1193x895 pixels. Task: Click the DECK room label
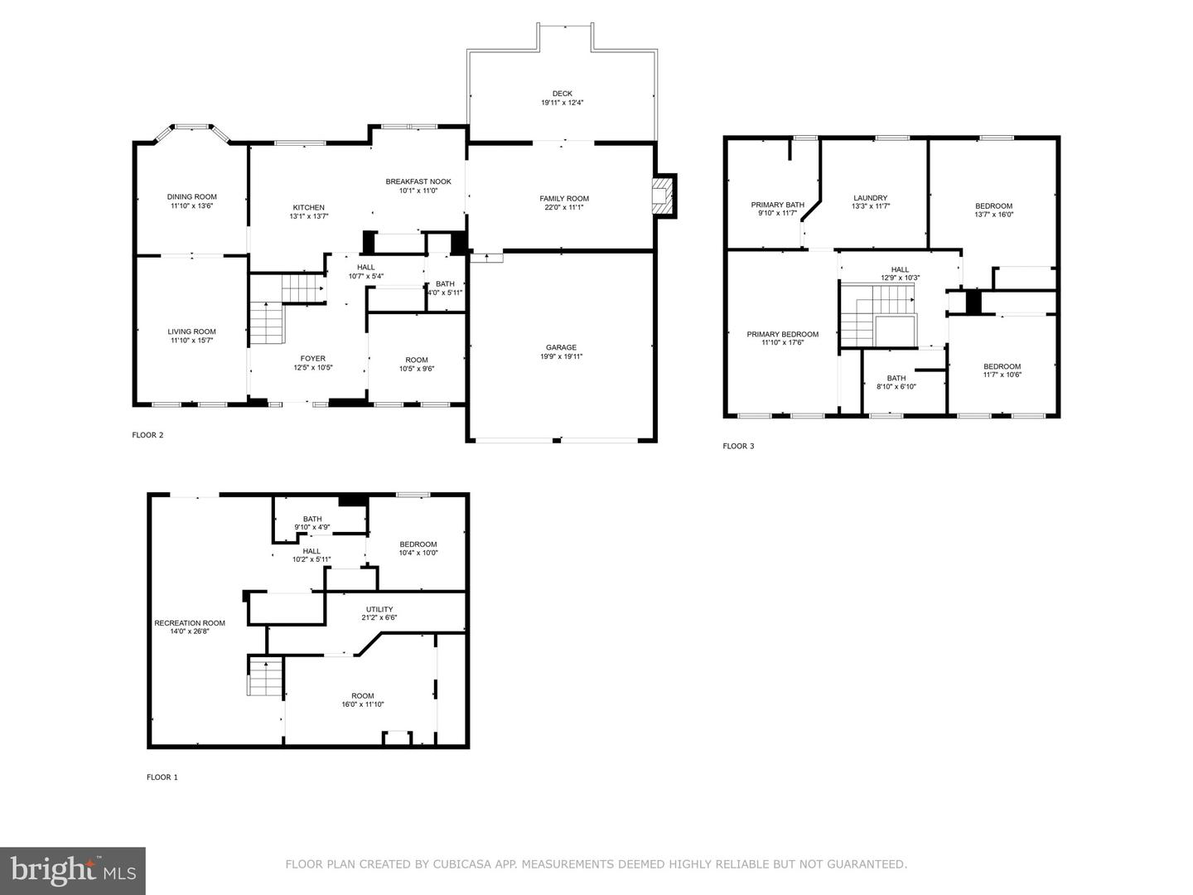[x=562, y=94]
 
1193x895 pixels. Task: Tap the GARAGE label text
[x=562, y=347]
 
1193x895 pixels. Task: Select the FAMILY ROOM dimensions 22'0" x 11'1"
[x=564, y=207]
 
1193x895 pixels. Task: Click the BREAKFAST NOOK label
[x=418, y=181]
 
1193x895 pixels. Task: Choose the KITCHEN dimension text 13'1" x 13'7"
[x=309, y=216]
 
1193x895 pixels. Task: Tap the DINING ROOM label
[x=192, y=196]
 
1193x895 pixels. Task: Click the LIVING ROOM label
[x=192, y=331]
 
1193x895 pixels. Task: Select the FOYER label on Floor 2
[x=313, y=359]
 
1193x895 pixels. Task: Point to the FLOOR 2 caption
[x=147, y=435]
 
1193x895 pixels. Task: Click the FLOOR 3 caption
[x=739, y=446]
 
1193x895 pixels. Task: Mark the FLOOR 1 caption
[x=162, y=777]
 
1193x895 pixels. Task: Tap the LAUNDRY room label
[x=870, y=198]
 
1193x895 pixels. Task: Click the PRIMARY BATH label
[x=778, y=205]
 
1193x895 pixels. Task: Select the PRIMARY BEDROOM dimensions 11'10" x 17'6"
[x=783, y=342]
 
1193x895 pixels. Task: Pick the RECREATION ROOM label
[x=190, y=622]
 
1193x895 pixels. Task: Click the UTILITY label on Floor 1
[x=379, y=609]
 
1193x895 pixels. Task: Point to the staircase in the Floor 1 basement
[x=266, y=676]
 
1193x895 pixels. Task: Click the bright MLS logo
[x=73, y=870]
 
